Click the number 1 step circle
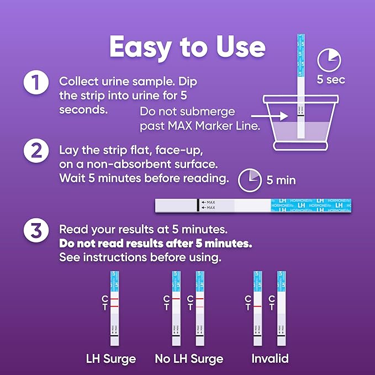point(34,84)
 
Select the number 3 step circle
point(34,231)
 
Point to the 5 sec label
point(331,80)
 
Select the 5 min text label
point(281,180)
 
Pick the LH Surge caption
point(111,359)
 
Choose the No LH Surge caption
point(189,359)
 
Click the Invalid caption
point(270,359)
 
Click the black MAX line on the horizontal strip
point(197,205)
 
